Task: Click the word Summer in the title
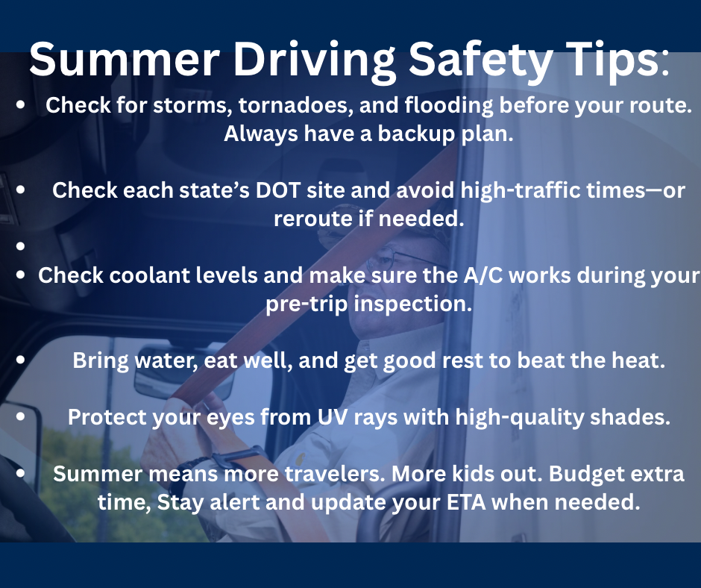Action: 125,60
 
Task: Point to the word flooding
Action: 449,107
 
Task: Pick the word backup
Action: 416,134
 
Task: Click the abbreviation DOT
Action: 277,190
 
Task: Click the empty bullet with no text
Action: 20,245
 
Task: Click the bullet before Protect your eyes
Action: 20,416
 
